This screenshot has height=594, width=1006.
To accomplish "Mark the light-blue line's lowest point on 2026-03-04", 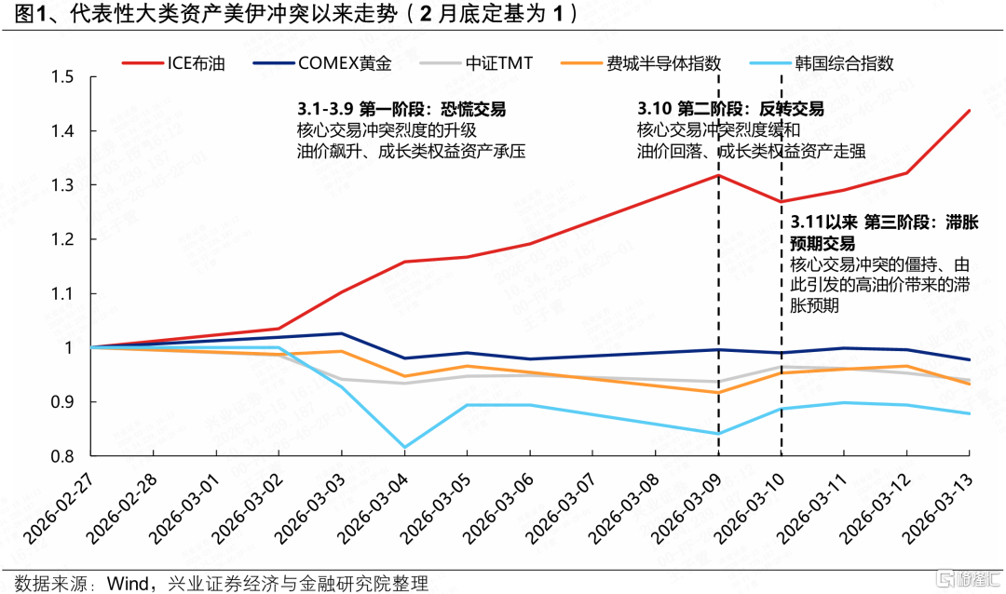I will coord(405,447).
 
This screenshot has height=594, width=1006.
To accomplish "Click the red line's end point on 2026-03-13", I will coord(970,111).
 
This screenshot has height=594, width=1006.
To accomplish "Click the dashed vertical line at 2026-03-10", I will coord(782,307).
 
